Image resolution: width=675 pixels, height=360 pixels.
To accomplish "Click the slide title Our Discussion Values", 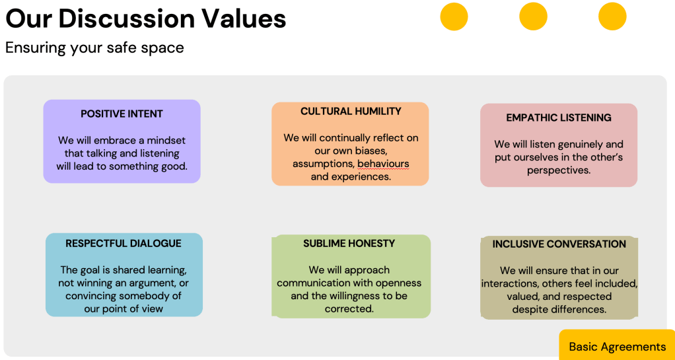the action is point(145,18).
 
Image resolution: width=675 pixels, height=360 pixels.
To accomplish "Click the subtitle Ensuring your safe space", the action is point(94,48).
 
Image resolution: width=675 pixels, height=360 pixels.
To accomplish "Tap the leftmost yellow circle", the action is point(454,17).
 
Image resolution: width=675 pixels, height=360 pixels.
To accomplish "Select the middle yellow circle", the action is point(533,17).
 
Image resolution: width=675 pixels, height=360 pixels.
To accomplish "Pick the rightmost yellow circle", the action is point(612,17).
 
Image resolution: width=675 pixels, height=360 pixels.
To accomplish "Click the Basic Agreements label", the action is point(618,347).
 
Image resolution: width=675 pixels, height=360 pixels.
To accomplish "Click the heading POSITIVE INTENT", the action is point(122,114).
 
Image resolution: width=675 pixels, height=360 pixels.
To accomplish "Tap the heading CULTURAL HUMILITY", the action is point(351,111).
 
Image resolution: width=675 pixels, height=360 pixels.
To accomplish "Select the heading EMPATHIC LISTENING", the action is point(559,118).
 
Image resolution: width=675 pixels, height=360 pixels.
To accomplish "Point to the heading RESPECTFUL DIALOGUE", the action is point(124,244).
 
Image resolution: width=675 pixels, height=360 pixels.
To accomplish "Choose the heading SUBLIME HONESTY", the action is point(349,243).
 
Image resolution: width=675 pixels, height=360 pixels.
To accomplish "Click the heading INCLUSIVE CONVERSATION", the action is point(559,244).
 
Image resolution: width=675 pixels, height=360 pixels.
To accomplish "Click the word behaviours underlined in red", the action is point(383,164).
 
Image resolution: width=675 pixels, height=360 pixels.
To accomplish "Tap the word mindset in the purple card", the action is point(166,141).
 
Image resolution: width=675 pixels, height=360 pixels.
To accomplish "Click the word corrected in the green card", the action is point(349,309).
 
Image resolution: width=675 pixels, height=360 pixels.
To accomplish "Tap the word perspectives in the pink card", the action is point(559,170).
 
